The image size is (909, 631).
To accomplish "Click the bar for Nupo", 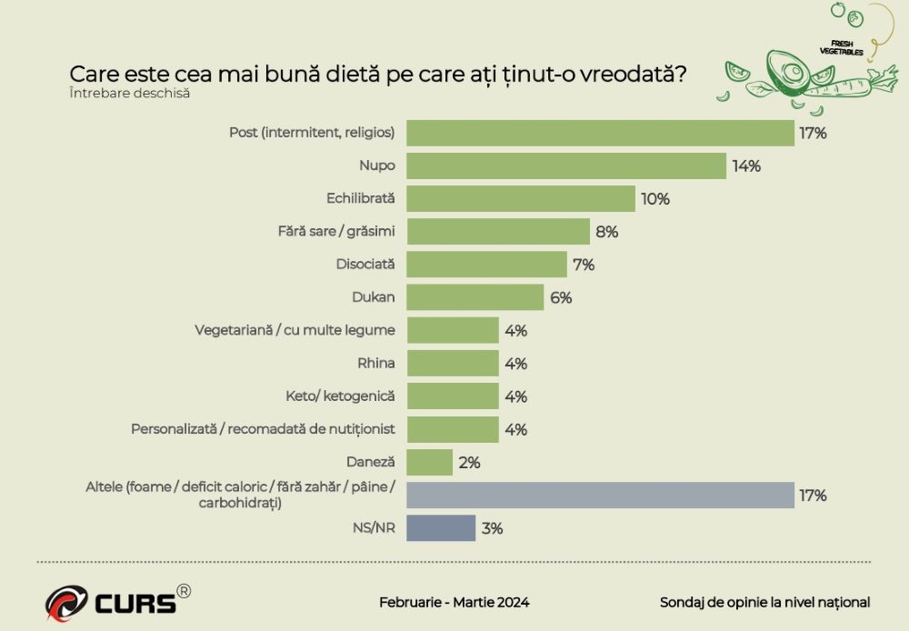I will tap(565, 165).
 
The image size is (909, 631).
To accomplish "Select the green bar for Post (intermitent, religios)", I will tap(600, 133).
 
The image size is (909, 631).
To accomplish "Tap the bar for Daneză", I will tap(429, 462).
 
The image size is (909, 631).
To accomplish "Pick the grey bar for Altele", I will tap(600, 495).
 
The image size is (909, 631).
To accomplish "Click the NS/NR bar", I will tap(441, 527).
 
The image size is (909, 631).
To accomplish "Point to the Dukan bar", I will tap(474, 297).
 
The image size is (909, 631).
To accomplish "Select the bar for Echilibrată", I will tap(520, 198).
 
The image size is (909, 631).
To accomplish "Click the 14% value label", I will tap(747, 166).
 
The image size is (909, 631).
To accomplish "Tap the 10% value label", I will tap(655, 199).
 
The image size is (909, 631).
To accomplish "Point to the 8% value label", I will tap(606, 232).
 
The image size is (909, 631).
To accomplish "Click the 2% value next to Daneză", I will tap(469, 463).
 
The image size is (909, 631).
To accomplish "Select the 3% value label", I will tap(492, 528).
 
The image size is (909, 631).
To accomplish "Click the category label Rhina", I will tap(376, 364).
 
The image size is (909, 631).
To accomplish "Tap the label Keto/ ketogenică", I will tap(340, 396).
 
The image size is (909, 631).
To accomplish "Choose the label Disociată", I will tap(359, 265).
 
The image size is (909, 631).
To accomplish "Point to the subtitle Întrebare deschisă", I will tap(129, 92).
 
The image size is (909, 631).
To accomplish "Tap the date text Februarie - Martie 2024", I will tap(454, 602).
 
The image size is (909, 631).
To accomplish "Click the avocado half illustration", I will tap(786, 69).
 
